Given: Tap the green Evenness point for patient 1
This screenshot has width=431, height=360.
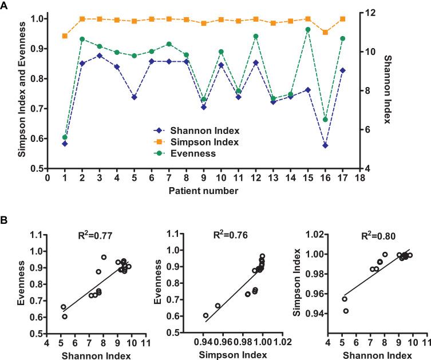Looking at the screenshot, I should point(65,137).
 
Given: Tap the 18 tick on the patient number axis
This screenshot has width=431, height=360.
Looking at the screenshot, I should point(360,178).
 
